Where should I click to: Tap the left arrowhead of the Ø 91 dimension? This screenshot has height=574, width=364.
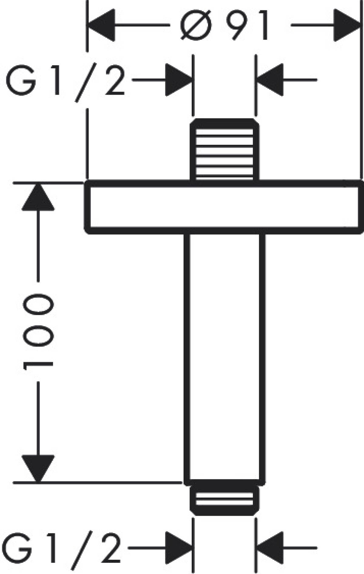(101, 25)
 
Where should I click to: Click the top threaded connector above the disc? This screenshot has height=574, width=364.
(224, 150)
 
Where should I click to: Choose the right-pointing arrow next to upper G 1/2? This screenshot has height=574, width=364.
(179, 80)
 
